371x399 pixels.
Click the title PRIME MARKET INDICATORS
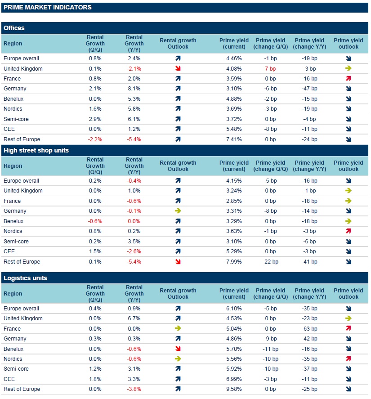pyautogui.click(x=48, y=7)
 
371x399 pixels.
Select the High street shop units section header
pyautogui.click(x=36, y=150)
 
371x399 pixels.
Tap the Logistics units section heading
pyautogui.click(x=25, y=278)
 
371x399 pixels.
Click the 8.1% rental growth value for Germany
pyautogui.click(x=134, y=89)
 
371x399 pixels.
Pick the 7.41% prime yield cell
pyautogui.click(x=234, y=139)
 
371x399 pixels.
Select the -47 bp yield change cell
pyautogui.click(x=309, y=89)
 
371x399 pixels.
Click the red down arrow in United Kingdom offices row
pyautogui.click(x=178, y=69)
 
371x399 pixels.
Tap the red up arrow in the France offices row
pyautogui.click(x=349, y=79)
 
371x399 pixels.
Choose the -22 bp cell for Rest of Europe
pyautogui.click(x=270, y=262)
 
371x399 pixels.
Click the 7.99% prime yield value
pyautogui.click(x=234, y=262)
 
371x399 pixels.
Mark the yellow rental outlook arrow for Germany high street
pyautogui.click(x=178, y=211)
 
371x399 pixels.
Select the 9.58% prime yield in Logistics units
pyautogui.click(x=234, y=389)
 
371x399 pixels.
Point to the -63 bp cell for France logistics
pyautogui.click(x=309, y=329)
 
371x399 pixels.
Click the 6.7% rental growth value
pyautogui.click(x=134, y=318)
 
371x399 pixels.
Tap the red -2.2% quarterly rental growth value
pyautogui.click(x=95, y=139)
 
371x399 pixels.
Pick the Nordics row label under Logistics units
pyautogui.click(x=13, y=359)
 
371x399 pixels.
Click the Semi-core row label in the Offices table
pyautogui.click(x=16, y=119)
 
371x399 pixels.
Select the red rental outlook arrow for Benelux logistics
pyautogui.click(x=178, y=349)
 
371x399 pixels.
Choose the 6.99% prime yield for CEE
pyautogui.click(x=234, y=379)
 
